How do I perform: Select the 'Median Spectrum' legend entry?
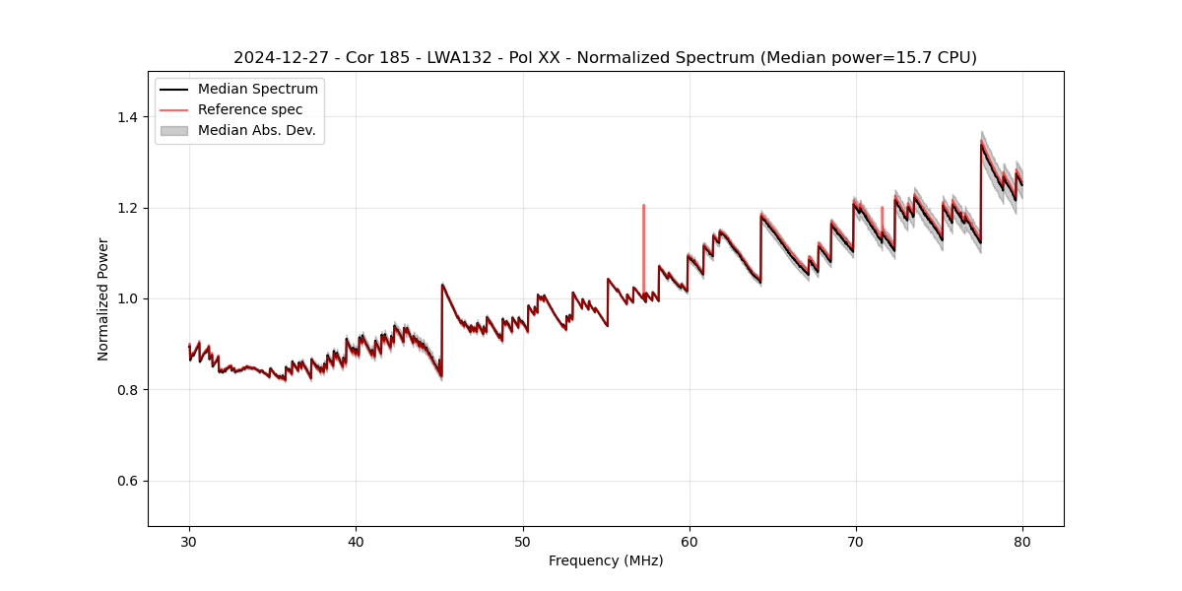(257, 90)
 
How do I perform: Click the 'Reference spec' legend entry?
(250, 109)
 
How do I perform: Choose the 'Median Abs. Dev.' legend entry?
(256, 130)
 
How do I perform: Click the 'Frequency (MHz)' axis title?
(606, 560)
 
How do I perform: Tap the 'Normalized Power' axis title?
(102, 298)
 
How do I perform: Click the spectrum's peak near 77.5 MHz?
(981, 142)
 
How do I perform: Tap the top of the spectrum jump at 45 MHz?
(442, 285)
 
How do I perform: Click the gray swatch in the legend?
(173, 130)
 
